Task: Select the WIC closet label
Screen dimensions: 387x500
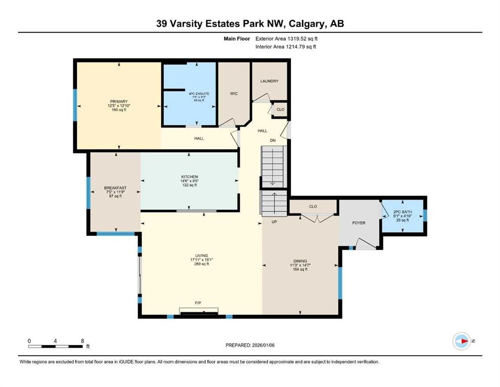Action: (x=233, y=94)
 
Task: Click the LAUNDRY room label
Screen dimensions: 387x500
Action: (x=269, y=81)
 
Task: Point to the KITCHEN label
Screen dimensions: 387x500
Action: (x=189, y=177)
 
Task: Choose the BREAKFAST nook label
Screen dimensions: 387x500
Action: (x=115, y=187)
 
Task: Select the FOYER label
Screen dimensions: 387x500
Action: (x=359, y=223)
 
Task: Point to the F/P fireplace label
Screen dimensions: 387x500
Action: (x=199, y=303)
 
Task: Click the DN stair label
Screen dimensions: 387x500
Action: (x=272, y=141)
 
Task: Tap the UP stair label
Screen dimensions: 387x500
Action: (x=274, y=221)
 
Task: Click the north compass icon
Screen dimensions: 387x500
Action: (x=461, y=341)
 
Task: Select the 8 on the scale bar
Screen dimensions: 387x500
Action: (x=82, y=341)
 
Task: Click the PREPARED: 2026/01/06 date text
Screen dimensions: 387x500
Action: (x=250, y=345)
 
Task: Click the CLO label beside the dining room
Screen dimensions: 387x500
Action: (x=313, y=206)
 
